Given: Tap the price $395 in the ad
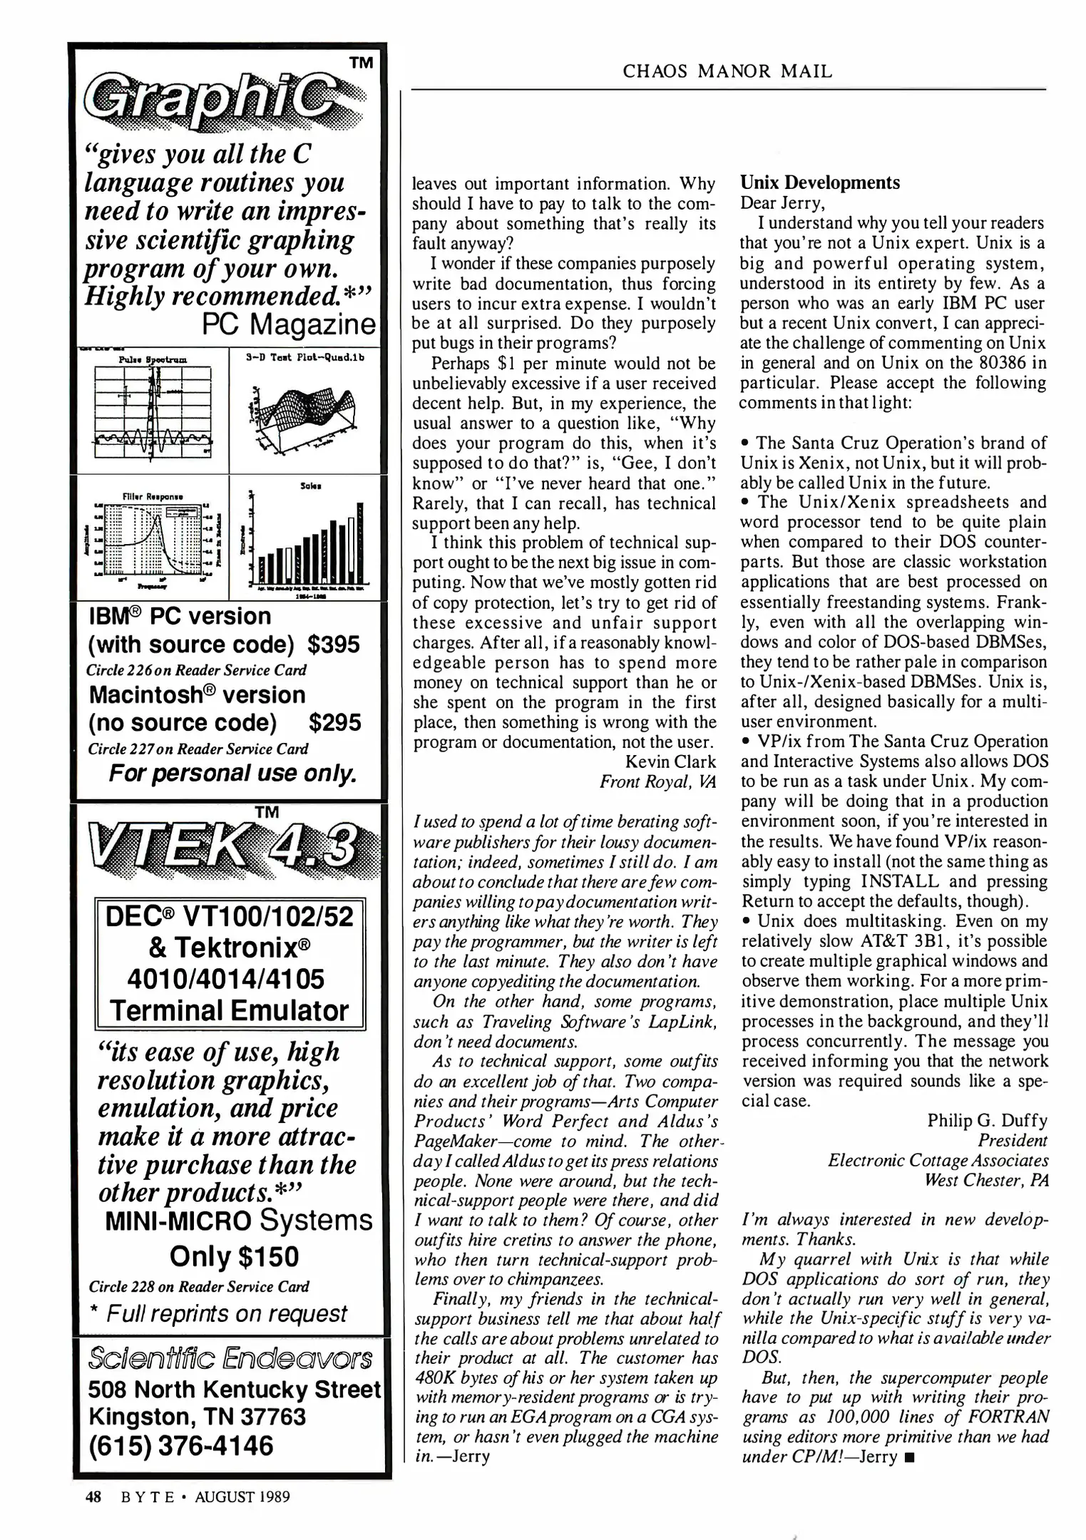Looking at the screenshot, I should (x=334, y=645).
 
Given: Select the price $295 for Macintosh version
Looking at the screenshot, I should (x=335, y=723).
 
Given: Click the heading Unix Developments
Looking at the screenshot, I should (x=819, y=183).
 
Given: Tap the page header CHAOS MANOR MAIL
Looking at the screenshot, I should (x=727, y=71).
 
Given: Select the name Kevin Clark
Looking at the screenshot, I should (x=670, y=762).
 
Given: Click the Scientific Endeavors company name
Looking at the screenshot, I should (x=230, y=1358).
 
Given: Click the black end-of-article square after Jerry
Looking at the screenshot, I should (x=908, y=1457).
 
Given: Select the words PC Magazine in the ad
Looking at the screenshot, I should (x=288, y=325).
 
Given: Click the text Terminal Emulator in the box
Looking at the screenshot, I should (x=229, y=1010).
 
